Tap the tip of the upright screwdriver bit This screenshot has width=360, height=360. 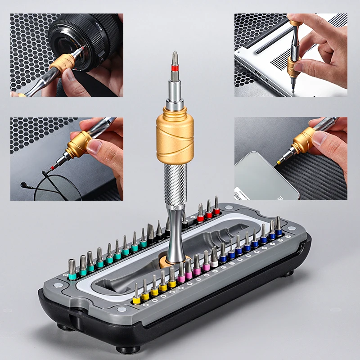click(x=175, y=54)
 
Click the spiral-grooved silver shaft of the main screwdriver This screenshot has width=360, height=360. click(x=175, y=180)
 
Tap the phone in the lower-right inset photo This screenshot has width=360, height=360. click(x=265, y=175)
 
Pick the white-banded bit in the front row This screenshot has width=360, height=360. click(x=214, y=259)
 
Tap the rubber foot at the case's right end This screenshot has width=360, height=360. click(x=288, y=272)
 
